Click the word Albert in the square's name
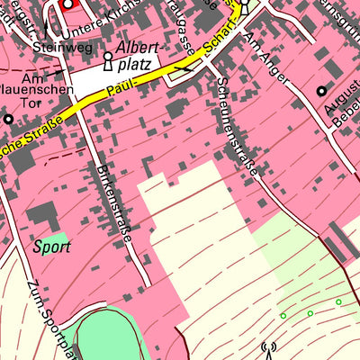139,48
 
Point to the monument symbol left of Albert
107,60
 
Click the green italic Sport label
51,245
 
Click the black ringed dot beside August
321,90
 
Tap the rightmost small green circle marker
338,302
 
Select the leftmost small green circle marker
283,316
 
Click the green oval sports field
108,337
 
